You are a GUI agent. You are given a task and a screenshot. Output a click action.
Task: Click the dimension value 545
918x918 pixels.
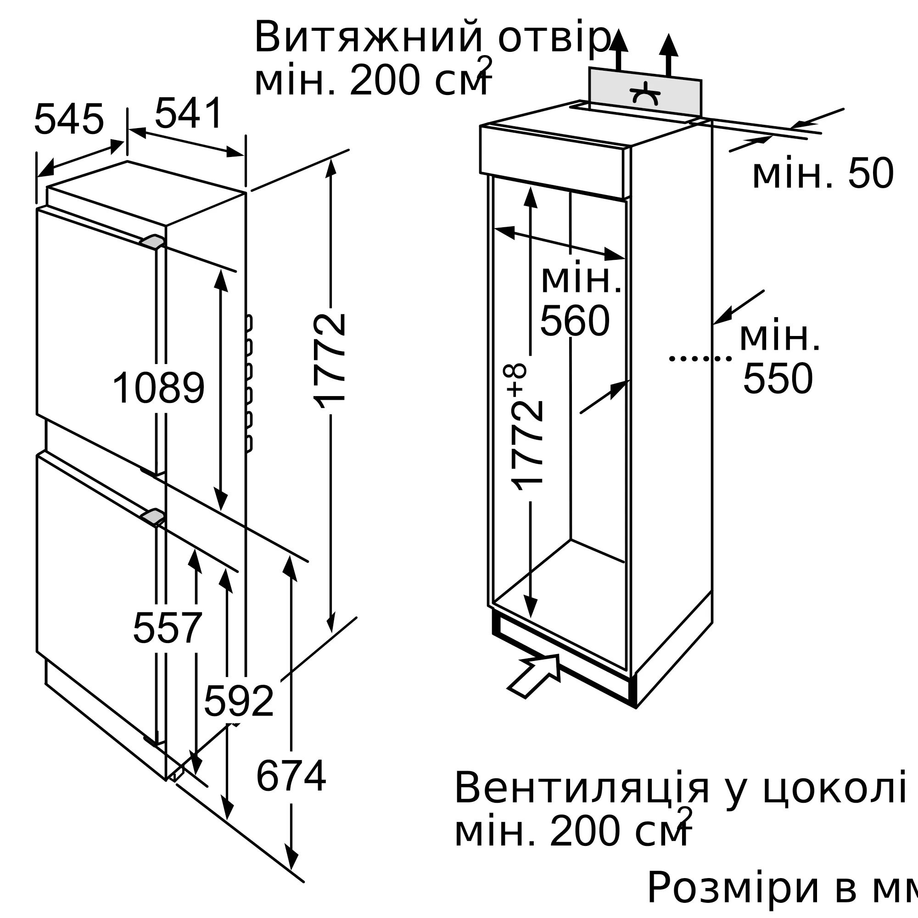69,119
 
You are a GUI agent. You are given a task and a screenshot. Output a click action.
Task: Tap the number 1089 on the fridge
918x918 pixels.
158,388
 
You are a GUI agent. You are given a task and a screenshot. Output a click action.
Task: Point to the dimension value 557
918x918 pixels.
168,629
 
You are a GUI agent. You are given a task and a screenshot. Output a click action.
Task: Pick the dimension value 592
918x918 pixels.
239,701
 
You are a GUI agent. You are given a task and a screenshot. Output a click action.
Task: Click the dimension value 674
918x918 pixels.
291,776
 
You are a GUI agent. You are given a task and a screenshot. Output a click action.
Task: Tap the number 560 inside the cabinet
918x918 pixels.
575,322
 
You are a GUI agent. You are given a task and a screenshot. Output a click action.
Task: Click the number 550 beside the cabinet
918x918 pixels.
778,379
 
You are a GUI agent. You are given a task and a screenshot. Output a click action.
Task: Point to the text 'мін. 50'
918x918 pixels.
823,174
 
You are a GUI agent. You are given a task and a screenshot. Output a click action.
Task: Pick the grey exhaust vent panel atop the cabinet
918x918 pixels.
645,92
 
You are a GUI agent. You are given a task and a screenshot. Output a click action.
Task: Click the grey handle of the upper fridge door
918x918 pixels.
152,241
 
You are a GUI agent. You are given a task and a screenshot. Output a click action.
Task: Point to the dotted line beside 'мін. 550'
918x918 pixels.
700,358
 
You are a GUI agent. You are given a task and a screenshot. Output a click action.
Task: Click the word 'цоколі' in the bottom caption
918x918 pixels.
834,788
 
